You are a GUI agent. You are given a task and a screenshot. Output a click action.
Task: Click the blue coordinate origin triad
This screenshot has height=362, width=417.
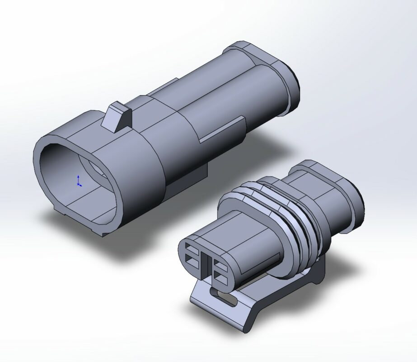(79, 181)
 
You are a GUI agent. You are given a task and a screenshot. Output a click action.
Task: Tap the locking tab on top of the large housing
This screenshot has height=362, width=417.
(117, 117)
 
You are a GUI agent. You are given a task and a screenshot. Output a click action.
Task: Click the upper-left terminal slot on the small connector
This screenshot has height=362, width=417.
(191, 249)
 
